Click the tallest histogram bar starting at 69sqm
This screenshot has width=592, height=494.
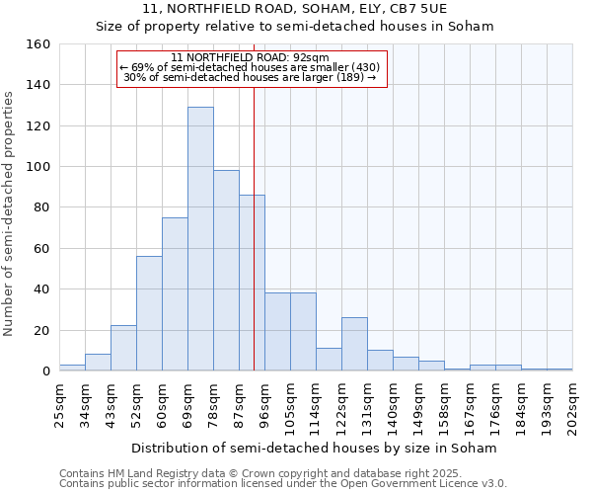point(200,239)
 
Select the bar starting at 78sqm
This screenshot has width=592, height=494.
point(226,271)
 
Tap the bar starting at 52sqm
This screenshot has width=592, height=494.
point(149,313)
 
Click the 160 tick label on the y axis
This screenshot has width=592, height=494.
point(38,44)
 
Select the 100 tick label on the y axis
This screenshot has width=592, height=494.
point(38,167)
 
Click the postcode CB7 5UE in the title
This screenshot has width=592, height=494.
point(414,9)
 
